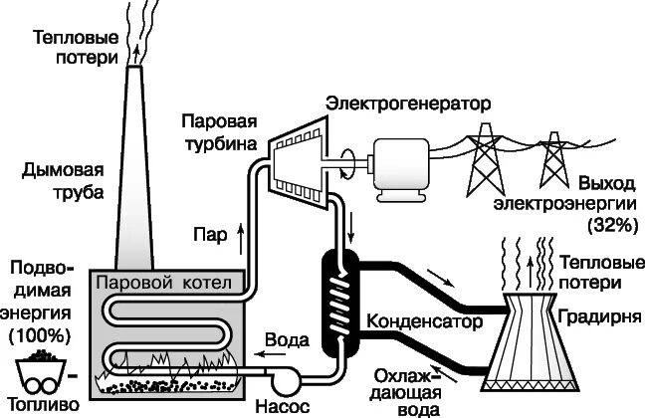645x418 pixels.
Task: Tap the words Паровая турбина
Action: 220,132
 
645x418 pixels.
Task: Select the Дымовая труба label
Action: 63,181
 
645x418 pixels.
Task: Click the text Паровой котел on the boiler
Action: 163,284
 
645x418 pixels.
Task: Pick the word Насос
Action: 283,407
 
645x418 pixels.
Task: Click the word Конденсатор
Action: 424,322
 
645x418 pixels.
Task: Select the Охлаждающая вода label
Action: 403,390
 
